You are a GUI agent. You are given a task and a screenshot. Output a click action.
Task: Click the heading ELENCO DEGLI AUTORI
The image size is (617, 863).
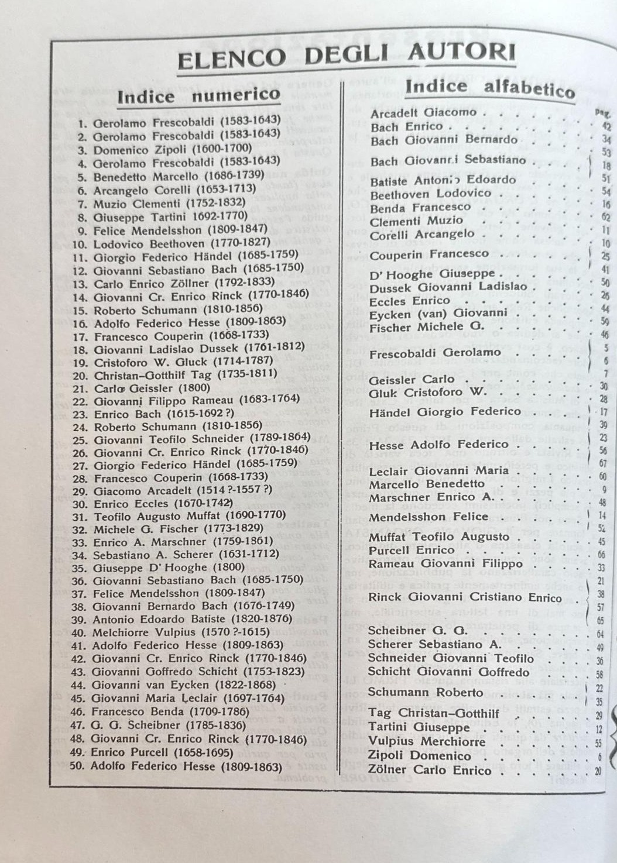click(x=347, y=55)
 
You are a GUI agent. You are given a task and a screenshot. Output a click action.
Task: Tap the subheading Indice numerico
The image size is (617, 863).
click(x=198, y=95)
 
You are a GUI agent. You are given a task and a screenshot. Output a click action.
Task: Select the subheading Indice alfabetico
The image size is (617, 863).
click(x=490, y=88)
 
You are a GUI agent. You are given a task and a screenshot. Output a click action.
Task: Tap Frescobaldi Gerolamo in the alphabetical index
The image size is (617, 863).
click(x=435, y=352)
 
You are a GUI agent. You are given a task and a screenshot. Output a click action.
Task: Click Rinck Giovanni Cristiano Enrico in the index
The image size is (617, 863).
click(x=465, y=597)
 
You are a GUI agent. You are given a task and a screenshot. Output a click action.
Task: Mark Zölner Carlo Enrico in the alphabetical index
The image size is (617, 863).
click(x=429, y=770)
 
